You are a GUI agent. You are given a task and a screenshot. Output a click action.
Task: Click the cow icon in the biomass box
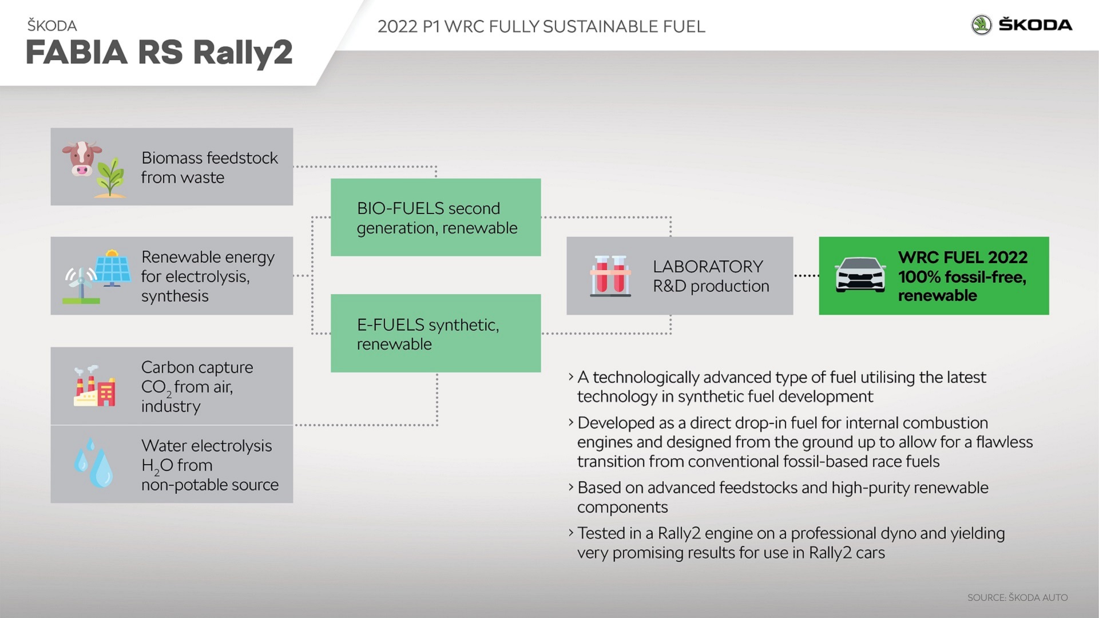[x=82, y=159]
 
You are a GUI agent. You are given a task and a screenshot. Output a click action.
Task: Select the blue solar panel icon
[x=113, y=268]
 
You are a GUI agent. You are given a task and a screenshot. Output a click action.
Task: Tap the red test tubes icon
[x=610, y=276]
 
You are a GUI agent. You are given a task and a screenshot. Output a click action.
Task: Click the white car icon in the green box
[x=860, y=275]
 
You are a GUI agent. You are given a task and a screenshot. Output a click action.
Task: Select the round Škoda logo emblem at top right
[x=982, y=25]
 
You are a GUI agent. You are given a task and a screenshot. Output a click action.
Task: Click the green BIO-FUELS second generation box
[x=436, y=217]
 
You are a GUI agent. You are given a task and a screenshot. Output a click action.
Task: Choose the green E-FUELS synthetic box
[x=436, y=333]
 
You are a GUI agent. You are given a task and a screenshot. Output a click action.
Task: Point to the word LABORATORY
[x=708, y=267]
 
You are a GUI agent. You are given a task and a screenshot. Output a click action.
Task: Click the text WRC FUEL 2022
[x=963, y=257]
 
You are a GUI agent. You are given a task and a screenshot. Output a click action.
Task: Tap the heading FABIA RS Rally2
[x=159, y=53]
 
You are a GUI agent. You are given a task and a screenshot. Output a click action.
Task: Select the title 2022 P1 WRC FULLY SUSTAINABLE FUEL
[x=541, y=26]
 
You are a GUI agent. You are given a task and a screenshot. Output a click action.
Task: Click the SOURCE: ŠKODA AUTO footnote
[x=1018, y=597]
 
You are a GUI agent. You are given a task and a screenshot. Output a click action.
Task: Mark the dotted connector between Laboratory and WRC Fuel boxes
[x=806, y=276]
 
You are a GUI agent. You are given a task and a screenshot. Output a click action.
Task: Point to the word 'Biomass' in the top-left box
[x=172, y=158]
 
